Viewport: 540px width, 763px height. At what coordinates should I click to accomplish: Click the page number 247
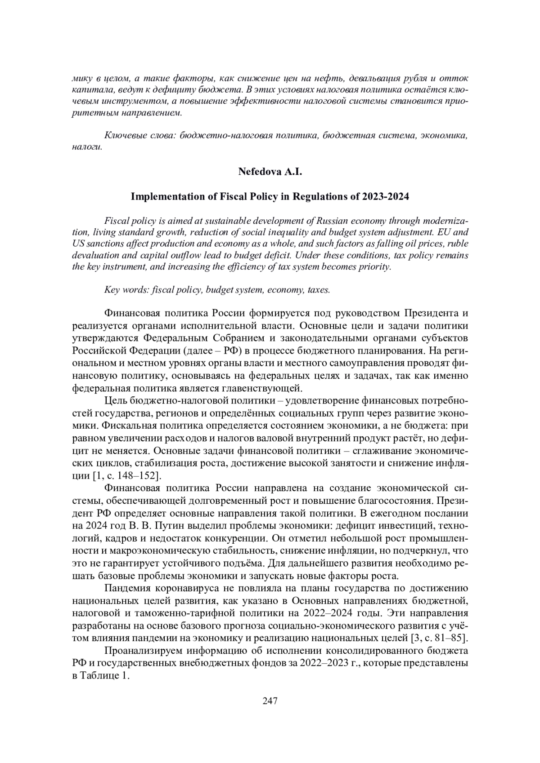coord(270,701)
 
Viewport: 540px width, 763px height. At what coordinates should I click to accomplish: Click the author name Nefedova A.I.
coord(270,172)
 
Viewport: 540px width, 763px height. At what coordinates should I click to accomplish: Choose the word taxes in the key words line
coord(318,289)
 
